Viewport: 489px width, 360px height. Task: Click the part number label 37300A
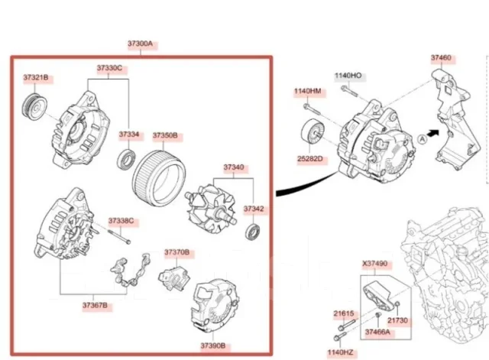coord(141,44)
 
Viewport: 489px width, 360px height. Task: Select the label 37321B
coord(36,78)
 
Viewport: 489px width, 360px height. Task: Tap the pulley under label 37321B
coord(35,106)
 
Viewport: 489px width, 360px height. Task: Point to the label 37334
coord(129,135)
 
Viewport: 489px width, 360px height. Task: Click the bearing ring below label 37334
coord(126,160)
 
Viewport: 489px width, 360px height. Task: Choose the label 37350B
coord(165,136)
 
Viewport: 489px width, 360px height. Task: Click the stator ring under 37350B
coord(159,178)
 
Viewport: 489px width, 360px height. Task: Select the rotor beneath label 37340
coord(211,208)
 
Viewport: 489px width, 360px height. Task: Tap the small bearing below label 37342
coord(252,232)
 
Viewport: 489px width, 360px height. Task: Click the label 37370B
coord(176,252)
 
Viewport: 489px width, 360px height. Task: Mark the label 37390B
coord(213,345)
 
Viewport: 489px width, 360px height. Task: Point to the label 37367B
coord(95,305)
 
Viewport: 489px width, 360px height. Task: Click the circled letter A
coord(423,139)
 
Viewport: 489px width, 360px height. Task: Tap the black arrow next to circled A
coord(433,133)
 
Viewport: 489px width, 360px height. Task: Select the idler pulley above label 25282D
coord(313,132)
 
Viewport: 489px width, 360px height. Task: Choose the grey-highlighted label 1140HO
coord(348,76)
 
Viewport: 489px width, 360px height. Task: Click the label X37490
coord(375,264)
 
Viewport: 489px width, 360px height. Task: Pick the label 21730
coord(397,320)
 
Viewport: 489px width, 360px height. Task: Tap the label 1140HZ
coord(340,352)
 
